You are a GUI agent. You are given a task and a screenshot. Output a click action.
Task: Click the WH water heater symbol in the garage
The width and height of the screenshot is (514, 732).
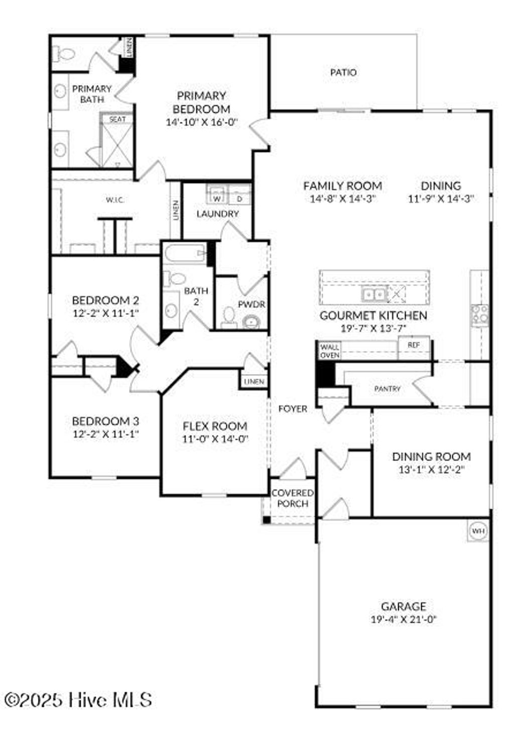tap(478, 530)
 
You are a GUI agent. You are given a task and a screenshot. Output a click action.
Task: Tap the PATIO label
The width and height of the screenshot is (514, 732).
tap(343, 72)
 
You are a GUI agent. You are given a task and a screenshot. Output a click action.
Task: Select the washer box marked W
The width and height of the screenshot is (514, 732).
tap(217, 198)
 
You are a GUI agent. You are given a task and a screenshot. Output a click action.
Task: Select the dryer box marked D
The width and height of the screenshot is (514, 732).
tap(239, 198)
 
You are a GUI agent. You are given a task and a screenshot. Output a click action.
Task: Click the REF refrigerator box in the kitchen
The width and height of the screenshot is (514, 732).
tap(414, 345)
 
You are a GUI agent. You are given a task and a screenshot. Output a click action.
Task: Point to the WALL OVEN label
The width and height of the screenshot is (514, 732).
tap(330, 351)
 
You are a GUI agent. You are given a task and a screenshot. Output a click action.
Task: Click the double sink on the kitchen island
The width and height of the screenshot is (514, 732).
tap(374, 294)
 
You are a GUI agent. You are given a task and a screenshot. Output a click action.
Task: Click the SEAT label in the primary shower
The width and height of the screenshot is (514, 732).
tap(117, 119)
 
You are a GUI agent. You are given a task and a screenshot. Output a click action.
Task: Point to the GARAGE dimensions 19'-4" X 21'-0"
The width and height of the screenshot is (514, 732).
tap(404, 619)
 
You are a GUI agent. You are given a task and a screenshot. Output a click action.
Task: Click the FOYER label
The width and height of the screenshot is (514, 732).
tap(293, 409)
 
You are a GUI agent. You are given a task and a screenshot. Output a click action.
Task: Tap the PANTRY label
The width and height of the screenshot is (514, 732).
tap(388, 389)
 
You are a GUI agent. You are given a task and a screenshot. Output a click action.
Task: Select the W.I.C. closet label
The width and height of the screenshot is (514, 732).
tap(115, 200)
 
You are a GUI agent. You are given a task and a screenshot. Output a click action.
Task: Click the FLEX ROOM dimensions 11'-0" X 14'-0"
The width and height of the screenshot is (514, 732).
tap(215, 439)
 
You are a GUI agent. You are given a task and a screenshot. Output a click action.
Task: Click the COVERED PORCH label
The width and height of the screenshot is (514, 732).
tap(292, 498)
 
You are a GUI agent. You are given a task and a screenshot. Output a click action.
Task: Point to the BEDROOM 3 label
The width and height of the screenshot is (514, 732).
tap(105, 421)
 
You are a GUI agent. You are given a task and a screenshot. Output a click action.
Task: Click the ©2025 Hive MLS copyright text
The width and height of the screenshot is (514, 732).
tap(78, 699)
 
